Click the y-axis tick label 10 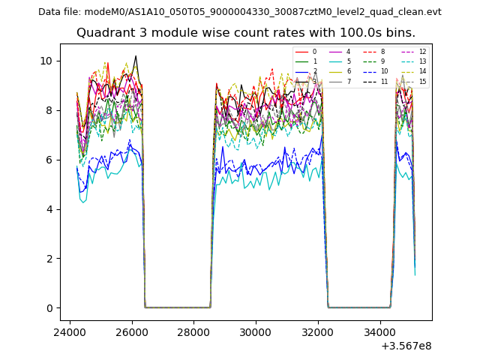tap(46, 61)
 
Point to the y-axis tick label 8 tap(49, 110)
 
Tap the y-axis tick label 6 tap(49, 160)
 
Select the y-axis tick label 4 tap(49, 209)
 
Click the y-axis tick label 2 tap(49, 259)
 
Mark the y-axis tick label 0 tap(49, 308)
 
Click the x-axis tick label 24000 tap(70, 332)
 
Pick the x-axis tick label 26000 tap(132, 332)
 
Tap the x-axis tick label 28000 tap(194, 332)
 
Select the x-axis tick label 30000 tap(256, 332)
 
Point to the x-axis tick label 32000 tap(318, 332)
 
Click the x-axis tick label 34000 tap(380, 332)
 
